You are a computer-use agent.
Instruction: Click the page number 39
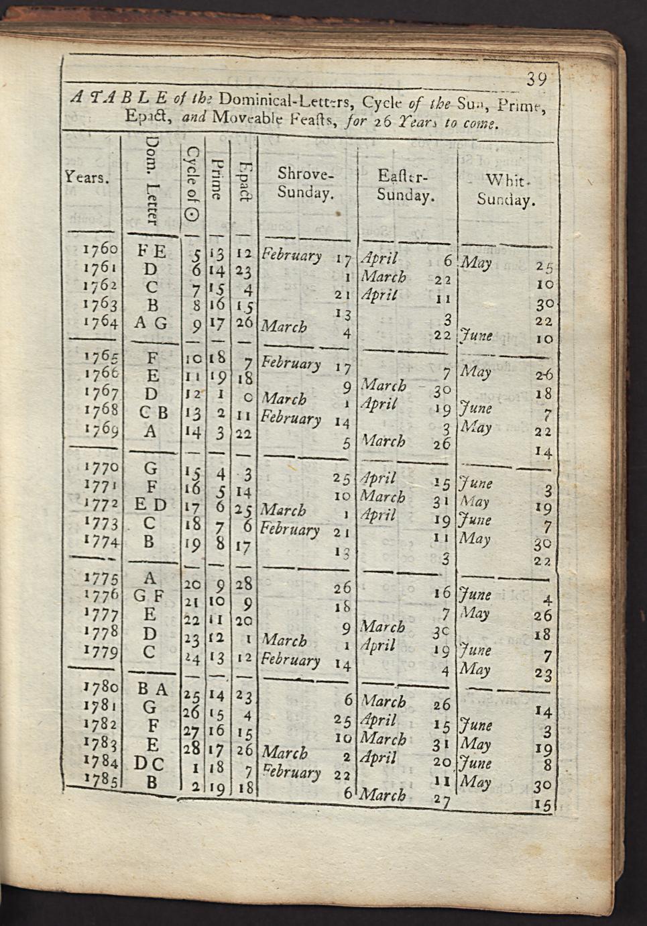tap(536, 79)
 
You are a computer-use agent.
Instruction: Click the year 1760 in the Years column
tap(100, 250)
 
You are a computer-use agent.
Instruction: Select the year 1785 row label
tap(101, 780)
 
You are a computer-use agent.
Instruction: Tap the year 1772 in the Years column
tap(101, 503)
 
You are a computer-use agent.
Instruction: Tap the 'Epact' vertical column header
tap(246, 181)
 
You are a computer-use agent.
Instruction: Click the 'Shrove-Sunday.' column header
tap(305, 183)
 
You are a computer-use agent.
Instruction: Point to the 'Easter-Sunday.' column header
tap(405, 186)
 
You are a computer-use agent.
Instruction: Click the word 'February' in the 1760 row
tap(292, 255)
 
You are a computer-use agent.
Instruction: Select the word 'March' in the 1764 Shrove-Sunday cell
tap(284, 327)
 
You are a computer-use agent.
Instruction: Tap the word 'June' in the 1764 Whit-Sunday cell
tap(477, 336)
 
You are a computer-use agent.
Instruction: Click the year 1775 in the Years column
tap(101, 579)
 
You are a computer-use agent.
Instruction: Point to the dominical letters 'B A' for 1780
tap(154, 689)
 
